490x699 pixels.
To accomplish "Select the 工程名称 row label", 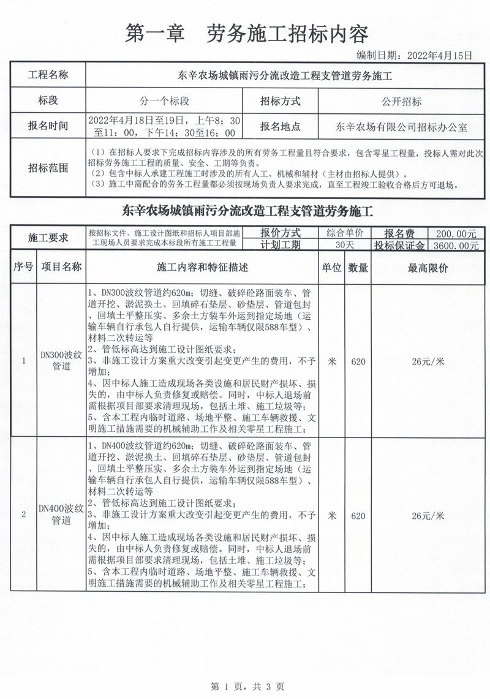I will click(x=48, y=76).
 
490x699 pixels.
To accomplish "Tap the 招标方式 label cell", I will click(x=281, y=101).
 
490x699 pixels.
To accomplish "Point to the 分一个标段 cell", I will click(x=164, y=101).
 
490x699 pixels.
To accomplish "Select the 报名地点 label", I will click(x=281, y=127).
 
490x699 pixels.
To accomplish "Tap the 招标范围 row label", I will click(x=48, y=168).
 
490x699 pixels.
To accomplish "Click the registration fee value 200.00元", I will click(x=456, y=233).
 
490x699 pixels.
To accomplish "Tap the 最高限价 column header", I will click(x=428, y=268).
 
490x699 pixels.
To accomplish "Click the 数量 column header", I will click(x=358, y=268).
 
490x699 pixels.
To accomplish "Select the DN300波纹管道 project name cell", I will click(x=61, y=360).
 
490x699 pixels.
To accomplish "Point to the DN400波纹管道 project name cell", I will click(x=61, y=515).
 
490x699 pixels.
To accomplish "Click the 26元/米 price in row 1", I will click(x=428, y=361).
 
